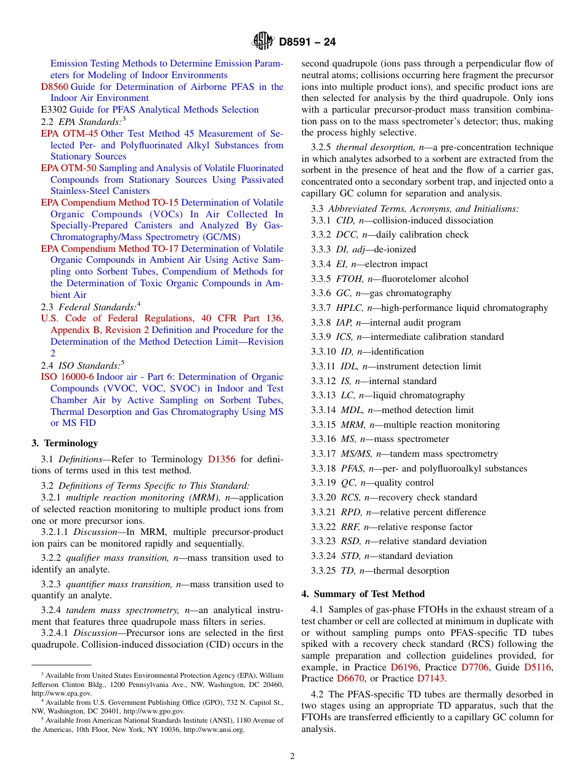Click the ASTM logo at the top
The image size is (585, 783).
(263, 41)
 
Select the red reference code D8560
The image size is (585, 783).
(54, 87)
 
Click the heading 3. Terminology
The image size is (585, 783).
(65, 443)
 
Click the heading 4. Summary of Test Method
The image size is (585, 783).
(363, 594)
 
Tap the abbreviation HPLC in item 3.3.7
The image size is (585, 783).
(350, 308)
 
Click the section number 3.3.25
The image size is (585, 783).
(323, 571)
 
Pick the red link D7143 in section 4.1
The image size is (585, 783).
(431, 678)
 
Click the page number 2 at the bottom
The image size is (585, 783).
(292, 757)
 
